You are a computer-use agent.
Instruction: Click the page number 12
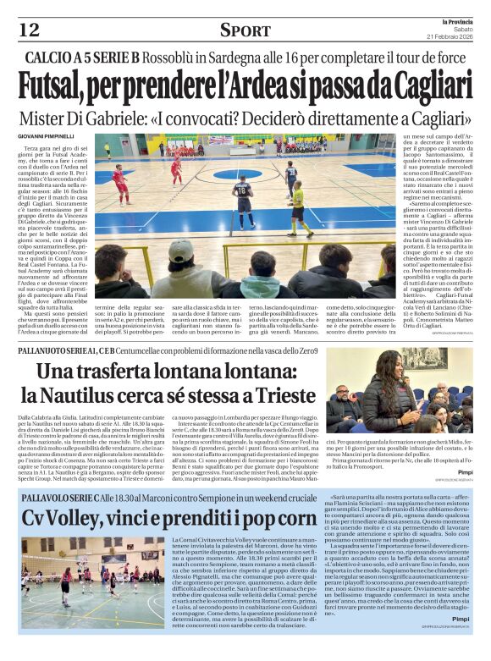29,30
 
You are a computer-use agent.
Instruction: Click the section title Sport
245,30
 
